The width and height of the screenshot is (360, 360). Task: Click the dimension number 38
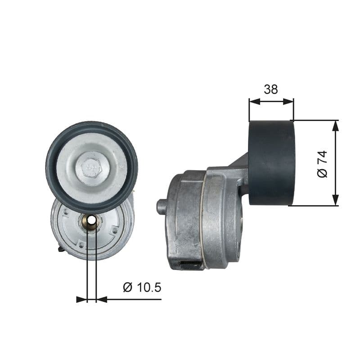pos(271,89)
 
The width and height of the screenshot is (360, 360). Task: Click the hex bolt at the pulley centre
pos(92,167)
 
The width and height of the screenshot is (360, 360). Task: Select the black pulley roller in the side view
pos(271,162)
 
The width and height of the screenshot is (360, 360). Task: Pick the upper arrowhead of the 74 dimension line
pos(335,126)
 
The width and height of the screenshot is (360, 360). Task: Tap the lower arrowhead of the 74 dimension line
pos(335,201)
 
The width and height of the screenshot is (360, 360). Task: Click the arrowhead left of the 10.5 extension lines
pos(81,299)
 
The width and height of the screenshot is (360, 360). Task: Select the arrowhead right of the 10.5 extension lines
pos(102,299)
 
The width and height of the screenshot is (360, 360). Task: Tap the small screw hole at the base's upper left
pos(66,211)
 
